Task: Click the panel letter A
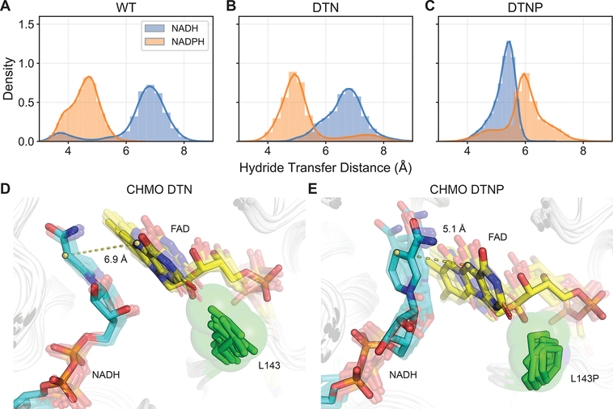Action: pyautogui.click(x=6, y=7)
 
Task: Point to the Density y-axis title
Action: pyautogui.click(x=9, y=78)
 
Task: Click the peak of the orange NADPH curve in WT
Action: pyautogui.click(x=88, y=77)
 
